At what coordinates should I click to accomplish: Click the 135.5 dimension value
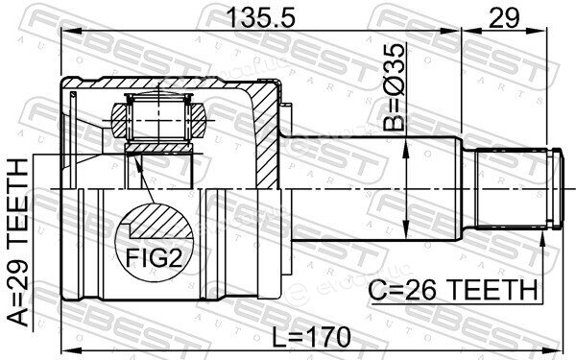(261, 17)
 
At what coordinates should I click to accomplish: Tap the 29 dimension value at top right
(504, 17)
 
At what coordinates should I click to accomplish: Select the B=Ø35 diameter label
(394, 87)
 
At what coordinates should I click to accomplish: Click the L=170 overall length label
(311, 337)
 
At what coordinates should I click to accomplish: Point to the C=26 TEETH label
(453, 290)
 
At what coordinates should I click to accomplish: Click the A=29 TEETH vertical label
(17, 243)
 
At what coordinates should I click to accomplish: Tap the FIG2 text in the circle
(154, 257)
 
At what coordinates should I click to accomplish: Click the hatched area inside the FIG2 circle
(161, 222)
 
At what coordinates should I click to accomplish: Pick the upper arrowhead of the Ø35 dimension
(406, 146)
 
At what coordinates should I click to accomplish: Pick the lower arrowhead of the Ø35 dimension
(406, 232)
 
